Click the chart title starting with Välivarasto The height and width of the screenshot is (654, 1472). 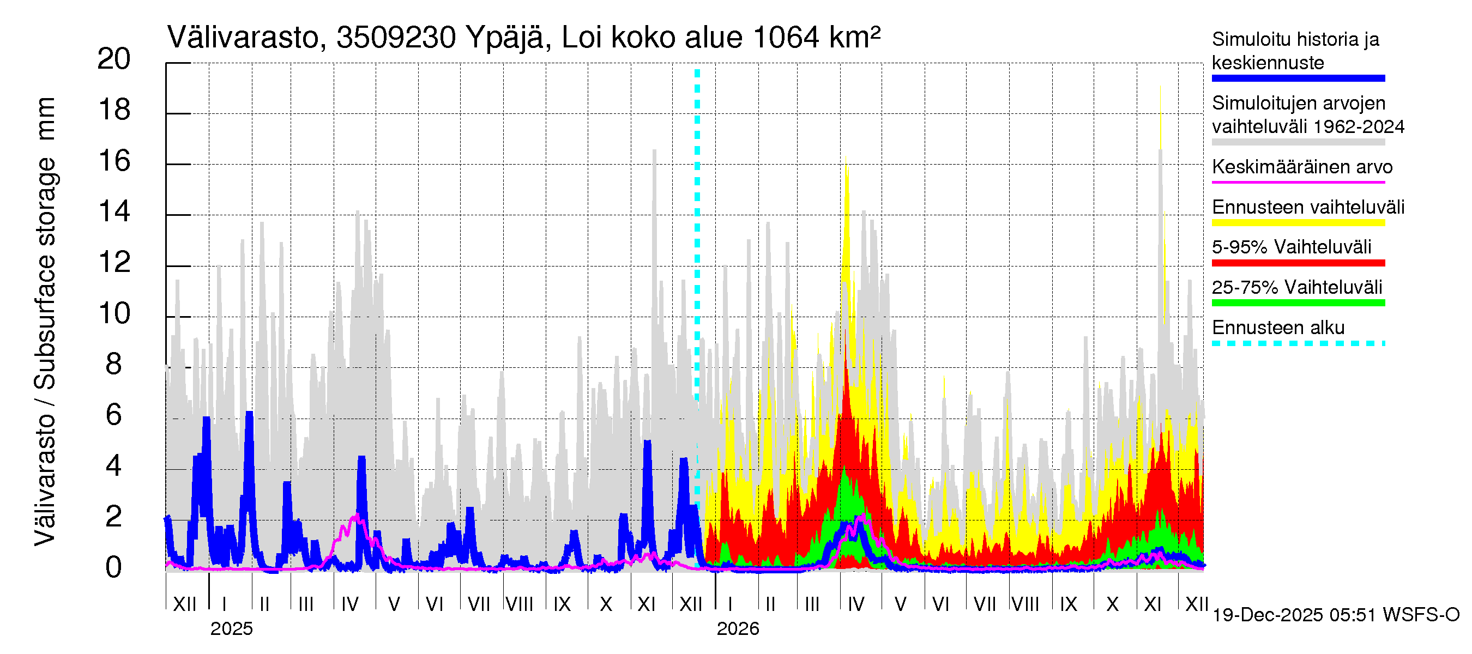523,38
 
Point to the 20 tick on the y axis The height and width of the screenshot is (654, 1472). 114,59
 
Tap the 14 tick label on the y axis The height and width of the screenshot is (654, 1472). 114,212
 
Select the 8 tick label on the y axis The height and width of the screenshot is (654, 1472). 114,365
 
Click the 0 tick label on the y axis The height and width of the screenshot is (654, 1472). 114,568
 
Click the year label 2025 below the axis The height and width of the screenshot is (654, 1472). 231,629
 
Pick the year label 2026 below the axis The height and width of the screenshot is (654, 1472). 738,629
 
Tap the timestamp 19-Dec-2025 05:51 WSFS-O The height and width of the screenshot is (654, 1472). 1335,615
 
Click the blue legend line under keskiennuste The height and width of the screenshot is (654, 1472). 1298,78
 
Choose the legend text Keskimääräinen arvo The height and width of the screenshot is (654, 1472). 1302,167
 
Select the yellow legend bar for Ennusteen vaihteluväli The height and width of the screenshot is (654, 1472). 1298,223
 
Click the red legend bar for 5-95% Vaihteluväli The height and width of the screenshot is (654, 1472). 1298,263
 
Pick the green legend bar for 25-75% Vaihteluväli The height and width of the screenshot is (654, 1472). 1298,302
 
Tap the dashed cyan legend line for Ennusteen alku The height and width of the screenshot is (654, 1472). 1298,343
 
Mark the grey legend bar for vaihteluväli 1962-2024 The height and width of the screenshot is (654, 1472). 1298,142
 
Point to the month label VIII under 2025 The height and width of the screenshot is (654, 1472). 520,604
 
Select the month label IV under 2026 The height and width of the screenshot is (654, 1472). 856,604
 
